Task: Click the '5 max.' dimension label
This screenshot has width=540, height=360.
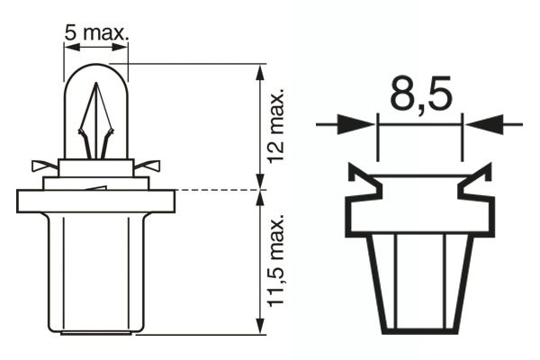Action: tap(96, 33)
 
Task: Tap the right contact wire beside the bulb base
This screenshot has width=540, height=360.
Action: tap(149, 166)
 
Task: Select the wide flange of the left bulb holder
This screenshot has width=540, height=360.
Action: tap(96, 201)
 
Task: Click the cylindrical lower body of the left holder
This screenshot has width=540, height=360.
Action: tap(96, 270)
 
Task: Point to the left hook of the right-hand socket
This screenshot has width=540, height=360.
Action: tap(362, 181)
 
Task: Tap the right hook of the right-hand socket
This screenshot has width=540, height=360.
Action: tap(476, 181)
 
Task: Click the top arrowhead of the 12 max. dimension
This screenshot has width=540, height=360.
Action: tap(260, 72)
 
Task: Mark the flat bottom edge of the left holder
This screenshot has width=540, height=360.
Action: tap(96, 333)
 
